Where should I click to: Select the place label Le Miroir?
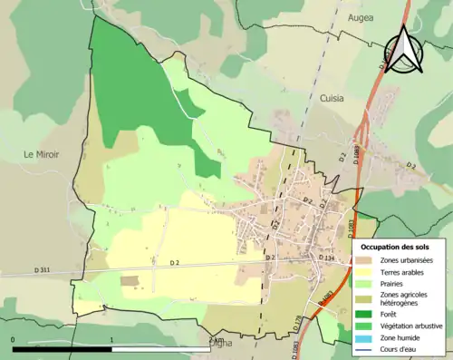pos(41,154)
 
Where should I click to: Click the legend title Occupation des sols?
pos(395,247)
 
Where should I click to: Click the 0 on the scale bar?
pos(13,340)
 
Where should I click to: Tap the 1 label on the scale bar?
pos(111,340)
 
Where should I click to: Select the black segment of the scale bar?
pos(63,349)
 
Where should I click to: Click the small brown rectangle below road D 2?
pos(131,281)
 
